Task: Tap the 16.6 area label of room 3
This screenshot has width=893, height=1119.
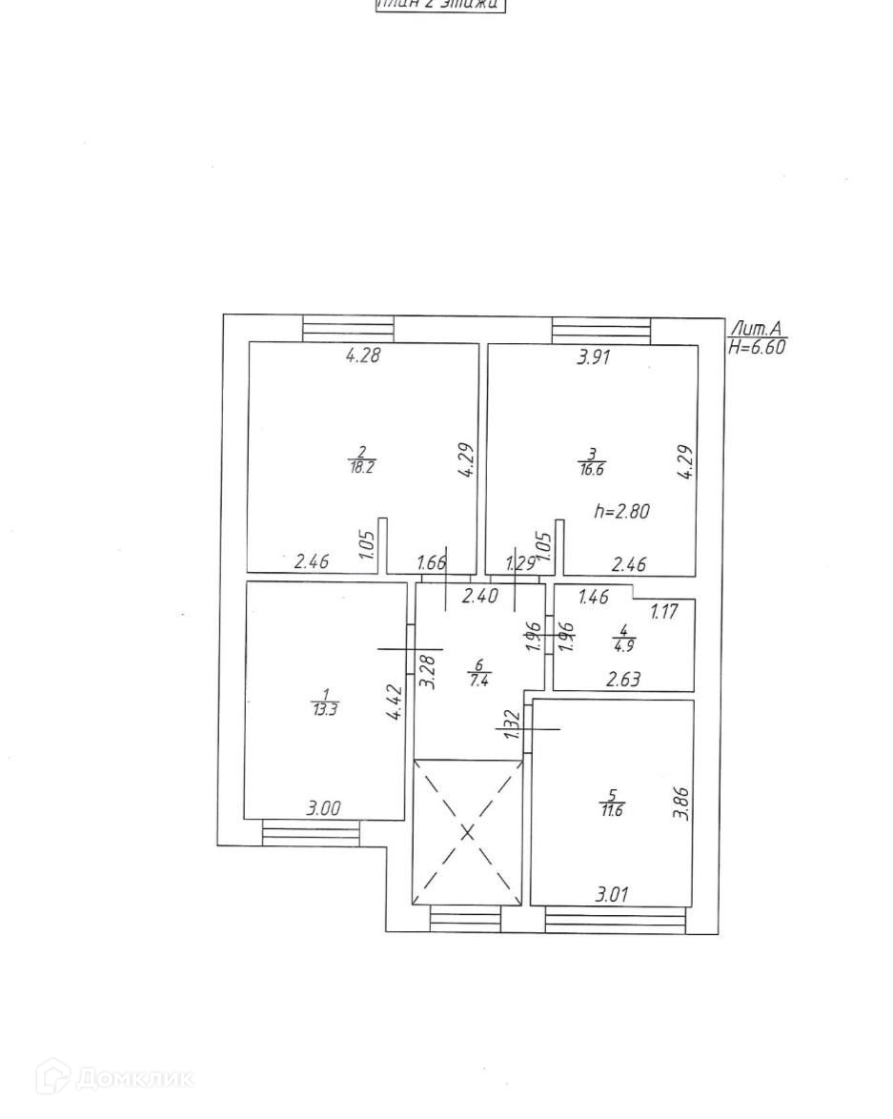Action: tap(592, 468)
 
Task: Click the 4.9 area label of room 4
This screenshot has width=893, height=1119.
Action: tap(624, 643)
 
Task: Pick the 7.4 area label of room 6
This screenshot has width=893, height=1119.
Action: tap(479, 678)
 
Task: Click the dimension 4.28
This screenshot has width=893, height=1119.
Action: tap(363, 356)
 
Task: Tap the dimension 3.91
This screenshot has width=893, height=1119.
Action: tap(595, 358)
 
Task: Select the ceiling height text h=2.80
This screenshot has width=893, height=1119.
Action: tap(621, 512)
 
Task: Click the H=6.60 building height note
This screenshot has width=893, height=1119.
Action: tap(757, 348)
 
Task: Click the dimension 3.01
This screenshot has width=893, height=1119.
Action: tap(612, 895)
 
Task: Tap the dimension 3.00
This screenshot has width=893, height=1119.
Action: tap(323, 809)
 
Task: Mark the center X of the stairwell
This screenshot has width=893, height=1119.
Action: tap(468, 832)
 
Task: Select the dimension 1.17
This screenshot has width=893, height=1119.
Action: tap(663, 612)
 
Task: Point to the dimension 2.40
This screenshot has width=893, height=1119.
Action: tap(479, 597)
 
